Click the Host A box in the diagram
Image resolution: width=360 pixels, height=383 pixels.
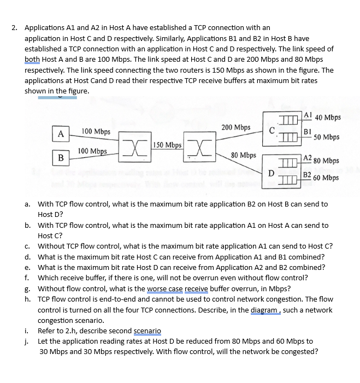coord(61,133)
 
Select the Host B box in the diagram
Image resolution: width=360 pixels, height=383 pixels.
coord(61,157)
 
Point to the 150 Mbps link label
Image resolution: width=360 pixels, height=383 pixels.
coord(167,145)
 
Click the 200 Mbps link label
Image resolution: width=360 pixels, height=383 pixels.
coord(236,127)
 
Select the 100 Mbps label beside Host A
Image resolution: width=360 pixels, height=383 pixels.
coord(96,132)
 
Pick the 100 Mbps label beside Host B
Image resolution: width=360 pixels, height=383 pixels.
coord(92,151)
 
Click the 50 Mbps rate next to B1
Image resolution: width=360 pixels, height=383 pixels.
coord(327,137)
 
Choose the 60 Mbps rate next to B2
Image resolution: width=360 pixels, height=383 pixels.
coord(326,178)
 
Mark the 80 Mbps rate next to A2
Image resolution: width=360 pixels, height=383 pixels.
coord(327,161)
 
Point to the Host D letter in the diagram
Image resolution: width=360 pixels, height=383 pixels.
coord(271,174)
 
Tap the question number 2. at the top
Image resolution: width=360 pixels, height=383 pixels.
coord(15,27)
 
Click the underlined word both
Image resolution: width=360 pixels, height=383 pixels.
coord(33,59)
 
